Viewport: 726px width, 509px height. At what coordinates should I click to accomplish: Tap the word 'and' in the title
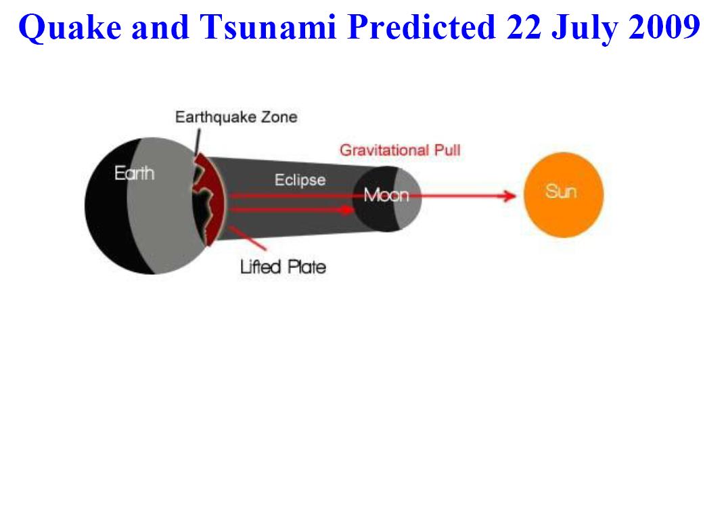(160, 26)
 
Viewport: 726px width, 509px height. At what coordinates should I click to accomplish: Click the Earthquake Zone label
(236, 117)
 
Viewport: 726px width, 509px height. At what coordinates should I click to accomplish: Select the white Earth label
(134, 173)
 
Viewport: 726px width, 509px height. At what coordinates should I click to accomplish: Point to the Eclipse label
(300, 180)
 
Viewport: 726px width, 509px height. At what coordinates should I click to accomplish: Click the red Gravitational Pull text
(400, 150)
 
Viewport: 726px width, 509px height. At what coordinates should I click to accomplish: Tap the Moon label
(386, 196)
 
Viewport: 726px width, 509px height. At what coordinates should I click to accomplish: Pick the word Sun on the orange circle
(561, 192)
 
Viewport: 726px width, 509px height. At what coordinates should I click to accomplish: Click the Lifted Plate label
(283, 267)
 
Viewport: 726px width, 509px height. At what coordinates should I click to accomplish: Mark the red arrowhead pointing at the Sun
(509, 196)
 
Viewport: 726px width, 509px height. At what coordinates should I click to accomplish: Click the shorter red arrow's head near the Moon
(348, 210)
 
